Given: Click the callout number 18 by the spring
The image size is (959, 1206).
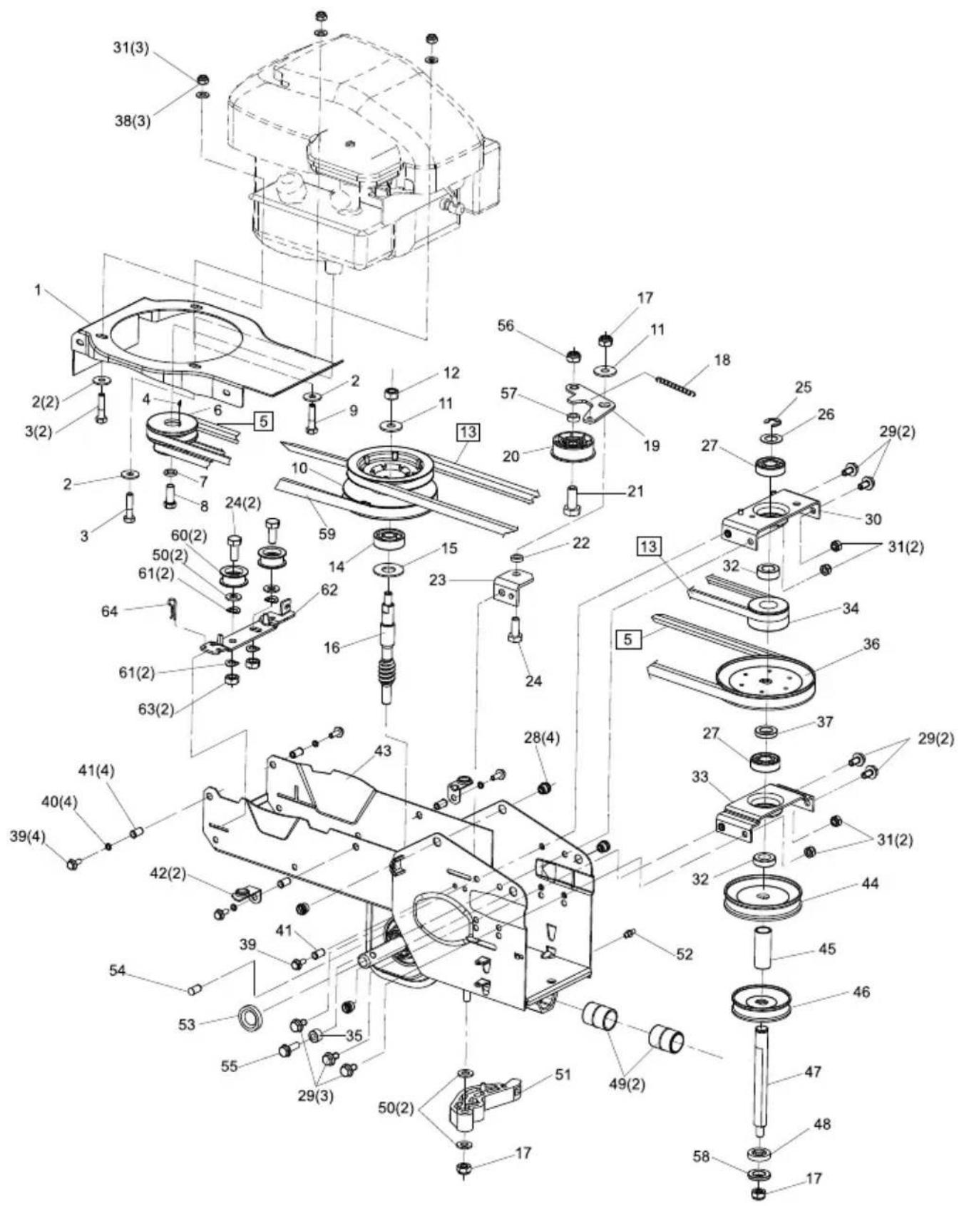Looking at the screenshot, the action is tap(722, 360).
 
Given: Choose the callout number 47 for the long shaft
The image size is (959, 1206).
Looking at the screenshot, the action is tap(812, 1071).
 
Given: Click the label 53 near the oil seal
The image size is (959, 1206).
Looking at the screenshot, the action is tap(187, 1025).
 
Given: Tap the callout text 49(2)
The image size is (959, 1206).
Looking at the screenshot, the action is tap(628, 1085).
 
